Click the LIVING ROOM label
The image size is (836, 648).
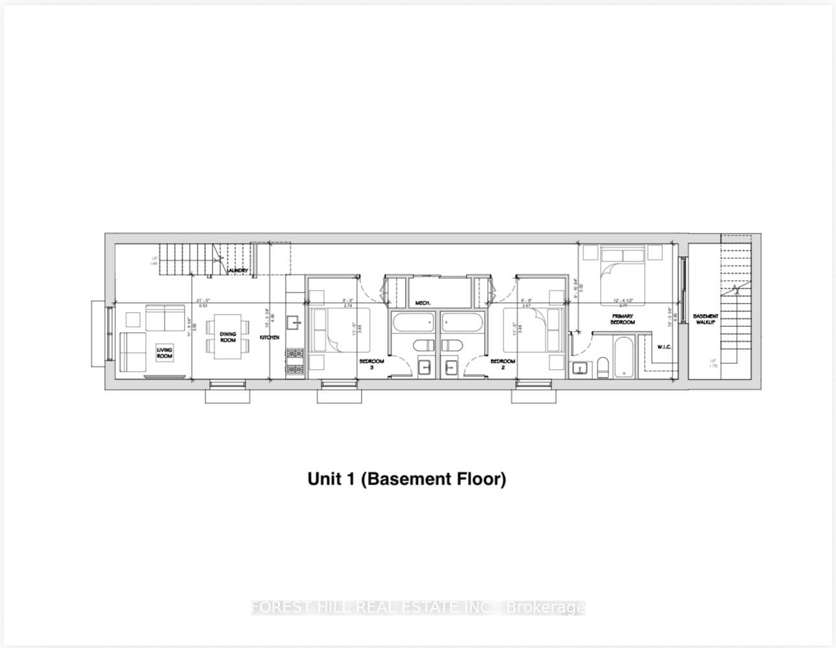tap(165, 353)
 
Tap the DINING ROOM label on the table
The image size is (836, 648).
tap(227, 337)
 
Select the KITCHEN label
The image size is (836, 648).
tap(270, 338)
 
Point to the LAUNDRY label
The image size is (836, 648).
tap(237, 270)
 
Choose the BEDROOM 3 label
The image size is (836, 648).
tap(373, 364)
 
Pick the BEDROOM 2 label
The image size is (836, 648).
tap(502, 364)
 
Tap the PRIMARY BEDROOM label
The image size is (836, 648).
tap(622, 319)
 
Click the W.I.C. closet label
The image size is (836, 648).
tap(664, 346)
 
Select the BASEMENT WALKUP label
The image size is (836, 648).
tap(705, 319)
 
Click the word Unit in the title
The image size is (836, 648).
tap(321, 479)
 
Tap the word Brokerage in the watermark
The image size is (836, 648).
tap(546, 608)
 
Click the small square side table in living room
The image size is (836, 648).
tap(132, 319)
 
